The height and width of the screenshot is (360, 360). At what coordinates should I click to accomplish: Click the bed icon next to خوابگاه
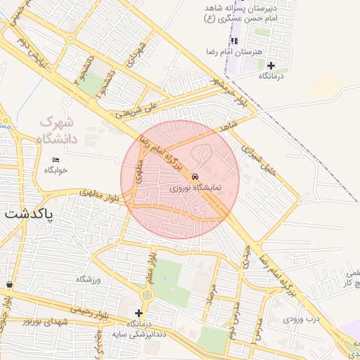pyautogui.click(x=56, y=160)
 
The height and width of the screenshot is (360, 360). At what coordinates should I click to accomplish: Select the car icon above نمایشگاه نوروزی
pyautogui.click(x=195, y=177)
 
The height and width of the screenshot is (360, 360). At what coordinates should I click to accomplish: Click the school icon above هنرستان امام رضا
pyautogui.click(x=234, y=41)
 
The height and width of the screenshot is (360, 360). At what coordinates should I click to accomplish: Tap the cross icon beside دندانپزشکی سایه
pyautogui.click(x=139, y=312)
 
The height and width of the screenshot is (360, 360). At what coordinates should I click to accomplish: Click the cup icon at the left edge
pyautogui.click(x=8, y=285)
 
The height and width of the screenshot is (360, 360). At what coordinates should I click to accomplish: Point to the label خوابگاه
pyautogui.click(x=56, y=170)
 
